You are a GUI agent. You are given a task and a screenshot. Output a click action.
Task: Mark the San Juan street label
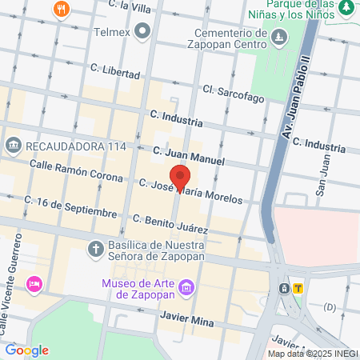point(323,181)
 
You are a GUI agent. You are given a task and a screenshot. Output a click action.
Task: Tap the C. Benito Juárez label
point(170,224)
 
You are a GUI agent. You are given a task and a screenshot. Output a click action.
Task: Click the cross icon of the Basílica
point(94,247)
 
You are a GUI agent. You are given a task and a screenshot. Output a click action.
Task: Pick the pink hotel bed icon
point(34,284)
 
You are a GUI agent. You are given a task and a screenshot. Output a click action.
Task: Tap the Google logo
point(27,350)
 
